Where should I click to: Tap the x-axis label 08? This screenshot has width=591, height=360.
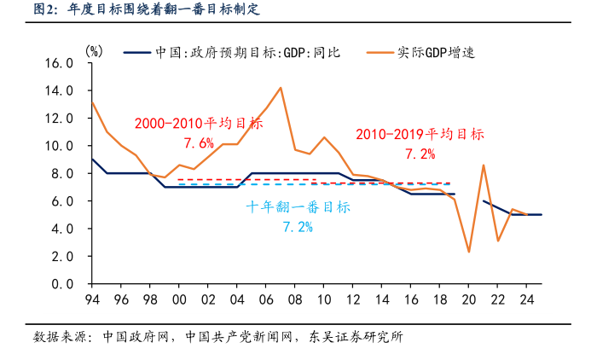pyautogui.click(x=294, y=299)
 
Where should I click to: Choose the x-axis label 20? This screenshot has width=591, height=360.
pyautogui.click(x=468, y=299)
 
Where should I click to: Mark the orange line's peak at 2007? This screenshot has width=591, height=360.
pyautogui.click(x=281, y=88)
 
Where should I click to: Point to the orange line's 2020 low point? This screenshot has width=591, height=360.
pyautogui.click(x=469, y=252)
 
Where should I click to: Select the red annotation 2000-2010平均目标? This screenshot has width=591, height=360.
pyautogui.click(x=198, y=123)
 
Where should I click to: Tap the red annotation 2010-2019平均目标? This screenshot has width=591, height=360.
pyautogui.click(x=420, y=134)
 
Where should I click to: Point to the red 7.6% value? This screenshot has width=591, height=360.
pyautogui.click(x=198, y=142)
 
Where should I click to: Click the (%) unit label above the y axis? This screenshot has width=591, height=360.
pyautogui.click(x=95, y=51)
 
